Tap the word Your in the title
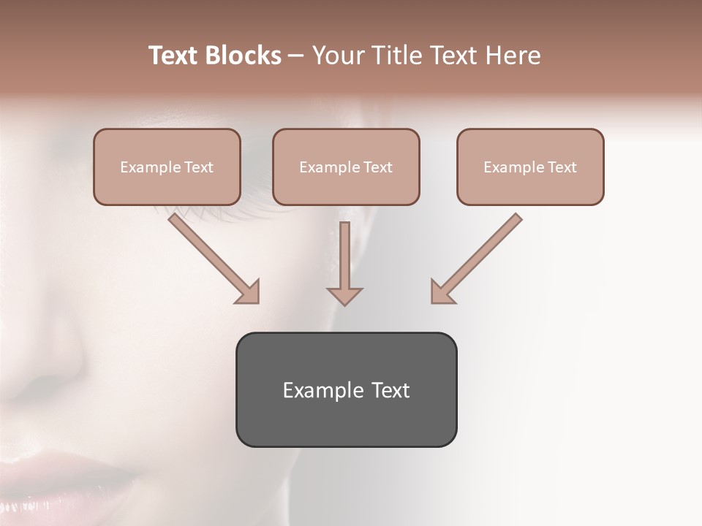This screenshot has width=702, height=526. (x=336, y=56)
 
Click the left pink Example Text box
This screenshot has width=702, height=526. (x=167, y=167)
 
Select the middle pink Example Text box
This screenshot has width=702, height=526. (x=346, y=167)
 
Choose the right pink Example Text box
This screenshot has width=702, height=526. (x=530, y=167)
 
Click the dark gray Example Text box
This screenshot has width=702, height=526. (x=346, y=389)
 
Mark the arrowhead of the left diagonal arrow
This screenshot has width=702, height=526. (x=249, y=291)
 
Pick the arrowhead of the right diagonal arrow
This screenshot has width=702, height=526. (x=442, y=291)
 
